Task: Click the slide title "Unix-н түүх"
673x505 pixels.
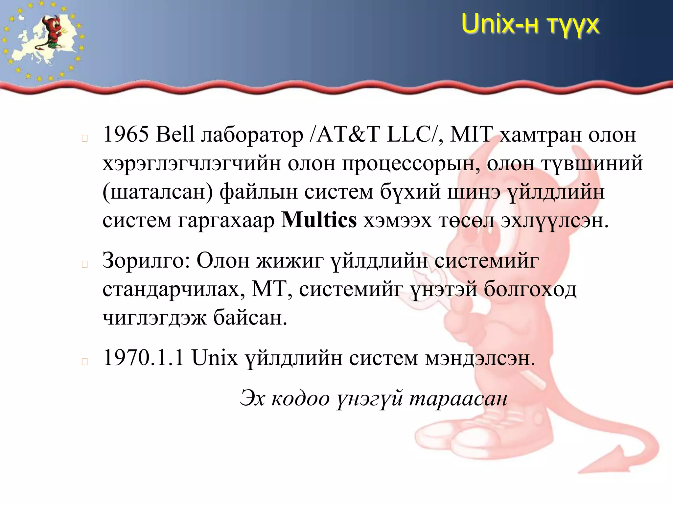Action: [x=530, y=24]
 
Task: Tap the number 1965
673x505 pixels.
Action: [x=126, y=135]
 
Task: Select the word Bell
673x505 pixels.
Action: [x=175, y=135]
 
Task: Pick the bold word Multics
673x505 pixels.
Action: [x=319, y=220]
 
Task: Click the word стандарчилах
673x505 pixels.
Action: [x=174, y=290]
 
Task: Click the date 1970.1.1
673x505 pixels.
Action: [x=144, y=358]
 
